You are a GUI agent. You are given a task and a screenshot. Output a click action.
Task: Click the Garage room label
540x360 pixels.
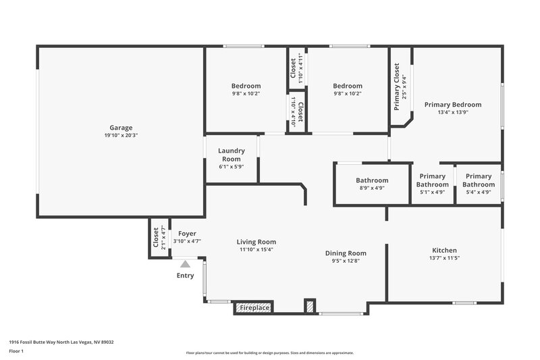(121, 128)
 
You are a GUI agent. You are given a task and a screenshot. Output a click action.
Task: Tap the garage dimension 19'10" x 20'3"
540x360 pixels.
(121, 136)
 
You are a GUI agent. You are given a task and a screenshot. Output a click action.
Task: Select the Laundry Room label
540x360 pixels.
(231, 155)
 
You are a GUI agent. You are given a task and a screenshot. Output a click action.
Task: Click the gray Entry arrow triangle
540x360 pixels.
(185, 264)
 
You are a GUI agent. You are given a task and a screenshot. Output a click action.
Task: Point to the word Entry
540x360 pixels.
(185, 276)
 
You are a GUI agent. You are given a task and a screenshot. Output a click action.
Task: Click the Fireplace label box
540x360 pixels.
(253, 308)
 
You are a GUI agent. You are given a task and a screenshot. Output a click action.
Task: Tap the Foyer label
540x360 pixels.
(187, 234)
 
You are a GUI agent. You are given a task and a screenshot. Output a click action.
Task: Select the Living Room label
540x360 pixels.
(256, 242)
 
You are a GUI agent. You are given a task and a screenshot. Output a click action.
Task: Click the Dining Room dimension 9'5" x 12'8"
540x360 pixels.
(346, 261)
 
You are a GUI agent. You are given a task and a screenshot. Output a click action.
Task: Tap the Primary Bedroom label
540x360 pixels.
(452, 105)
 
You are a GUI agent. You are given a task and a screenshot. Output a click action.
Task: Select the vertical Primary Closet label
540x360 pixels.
(397, 86)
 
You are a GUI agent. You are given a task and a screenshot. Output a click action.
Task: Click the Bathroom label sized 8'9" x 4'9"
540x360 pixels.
(372, 180)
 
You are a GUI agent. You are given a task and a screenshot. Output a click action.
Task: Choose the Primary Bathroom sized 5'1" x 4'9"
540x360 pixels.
(432, 180)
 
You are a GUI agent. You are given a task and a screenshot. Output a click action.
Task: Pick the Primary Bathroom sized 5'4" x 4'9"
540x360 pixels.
(478, 180)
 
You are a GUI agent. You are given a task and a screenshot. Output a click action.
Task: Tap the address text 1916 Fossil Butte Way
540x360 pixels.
(61, 342)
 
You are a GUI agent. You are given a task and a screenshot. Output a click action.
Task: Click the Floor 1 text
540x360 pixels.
(17, 352)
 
